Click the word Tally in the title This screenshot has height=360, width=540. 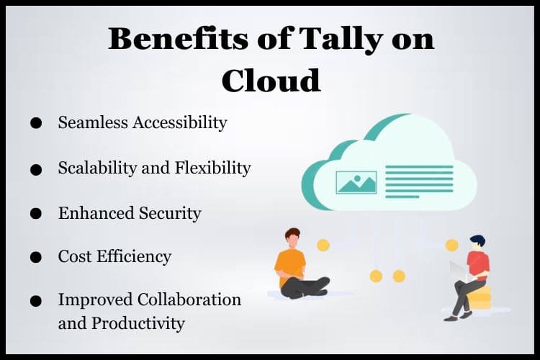pyautogui.click(x=341, y=40)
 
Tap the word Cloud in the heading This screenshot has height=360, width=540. pyautogui.click(x=271, y=80)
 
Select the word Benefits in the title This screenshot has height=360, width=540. pyautogui.click(x=178, y=38)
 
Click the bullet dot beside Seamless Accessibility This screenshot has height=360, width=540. pyautogui.click(x=36, y=123)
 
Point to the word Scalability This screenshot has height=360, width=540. pyautogui.click(x=97, y=168)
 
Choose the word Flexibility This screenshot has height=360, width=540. pyautogui.click(x=213, y=168)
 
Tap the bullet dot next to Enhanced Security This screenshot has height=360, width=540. pyautogui.click(x=36, y=214)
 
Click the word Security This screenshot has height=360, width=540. pyautogui.click(x=170, y=214)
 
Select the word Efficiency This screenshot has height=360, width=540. pyautogui.click(x=134, y=257)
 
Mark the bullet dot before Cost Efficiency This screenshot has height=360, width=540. pyautogui.click(x=36, y=257)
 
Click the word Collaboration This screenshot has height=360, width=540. pyautogui.click(x=189, y=299)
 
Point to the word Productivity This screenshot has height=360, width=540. pyautogui.click(x=138, y=324)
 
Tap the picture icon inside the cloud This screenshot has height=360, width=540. pyautogui.click(x=356, y=182)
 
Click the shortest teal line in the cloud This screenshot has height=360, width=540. pyautogui.click(x=402, y=197)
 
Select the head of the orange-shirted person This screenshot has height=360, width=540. pyautogui.click(x=293, y=238)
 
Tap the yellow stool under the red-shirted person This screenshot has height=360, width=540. pyautogui.click(x=480, y=297)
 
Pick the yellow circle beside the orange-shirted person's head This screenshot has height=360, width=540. pyautogui.click(x=323, y=246)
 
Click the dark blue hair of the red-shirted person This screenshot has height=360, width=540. pyautogui.click(x=477, y=240)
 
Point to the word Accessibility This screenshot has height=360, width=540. pyautogui.click(x=180, y=123)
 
